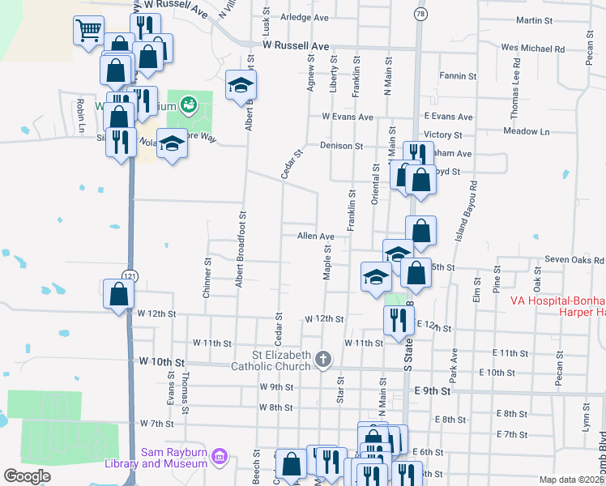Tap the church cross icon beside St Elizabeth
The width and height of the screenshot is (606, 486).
pyautogui.click(x=323, y=359)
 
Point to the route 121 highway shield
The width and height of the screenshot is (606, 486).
pyautogui.click(x=130, y=276)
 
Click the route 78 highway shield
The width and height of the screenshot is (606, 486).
pyautogui.click(x=419, y=14)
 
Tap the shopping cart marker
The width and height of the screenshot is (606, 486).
pyautogui.click(x=88, y=32)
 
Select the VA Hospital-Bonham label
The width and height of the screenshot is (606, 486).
pyautogui.click(x=558, y=301)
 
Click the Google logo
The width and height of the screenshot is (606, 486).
pyautogui.click(x=27, y=476)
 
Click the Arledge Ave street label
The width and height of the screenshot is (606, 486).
pyautogui.click(x=304, y=17)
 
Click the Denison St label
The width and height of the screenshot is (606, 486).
pyautogui.click(x=341, y=146)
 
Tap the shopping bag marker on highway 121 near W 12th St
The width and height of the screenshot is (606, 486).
pyautogui.click(x=118, y=294)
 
